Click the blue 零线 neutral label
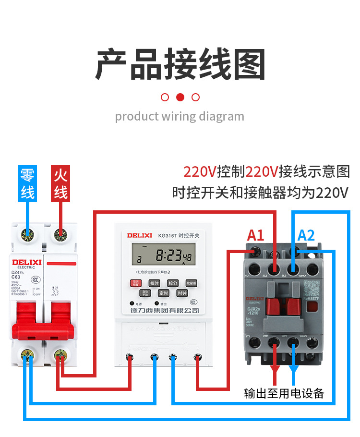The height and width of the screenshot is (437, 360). coord(28,183)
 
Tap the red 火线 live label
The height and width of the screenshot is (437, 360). coord(60,183)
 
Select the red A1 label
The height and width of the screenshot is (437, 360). coord(255,235)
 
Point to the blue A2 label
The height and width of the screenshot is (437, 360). coord(306,235)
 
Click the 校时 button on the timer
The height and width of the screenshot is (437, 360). coord(154,283)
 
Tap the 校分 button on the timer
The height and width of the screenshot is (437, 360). coord(173,283)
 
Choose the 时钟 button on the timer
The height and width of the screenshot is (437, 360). coord(182,293)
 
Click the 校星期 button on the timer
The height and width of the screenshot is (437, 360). coord(192,283)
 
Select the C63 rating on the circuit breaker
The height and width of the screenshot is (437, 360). coord(16,277)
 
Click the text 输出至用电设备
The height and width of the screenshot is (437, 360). coord(284,394)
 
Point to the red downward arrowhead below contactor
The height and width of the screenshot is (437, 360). coord(275,371)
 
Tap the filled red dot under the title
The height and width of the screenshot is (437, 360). coord(180,97)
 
